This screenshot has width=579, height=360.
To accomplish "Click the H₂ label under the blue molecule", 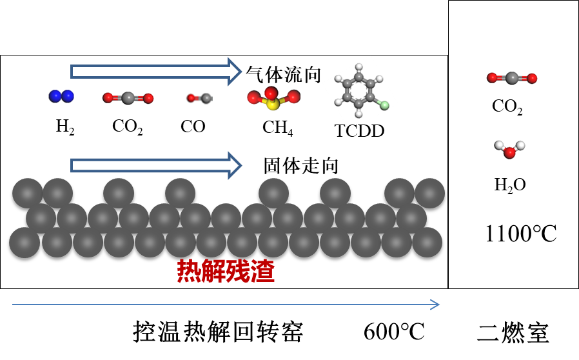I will pyautogui.click(x=66, y=126).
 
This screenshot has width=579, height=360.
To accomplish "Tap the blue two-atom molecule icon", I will pyautogui.click(x=61, y=97).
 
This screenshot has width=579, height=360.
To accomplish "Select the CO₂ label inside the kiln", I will pyautogui.click(x=128, y=126).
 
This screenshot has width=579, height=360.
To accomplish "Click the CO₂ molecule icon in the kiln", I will pyautogui.click(x=128, y=98).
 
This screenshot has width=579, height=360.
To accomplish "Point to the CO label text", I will pyautogui.click(x=193, y=126).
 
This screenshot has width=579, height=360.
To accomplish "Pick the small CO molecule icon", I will pyautogui.click(x=195, y=98).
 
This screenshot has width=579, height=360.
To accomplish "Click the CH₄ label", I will pyautogui.click(x=278, y=127).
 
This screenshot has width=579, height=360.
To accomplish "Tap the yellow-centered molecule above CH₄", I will pyautogui.click(x=273, y=99).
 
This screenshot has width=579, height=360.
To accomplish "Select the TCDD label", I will pyautogui.click(x=359, y=131).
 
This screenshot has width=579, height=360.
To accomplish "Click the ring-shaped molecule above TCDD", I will pyautogui.click(x=358, y=92).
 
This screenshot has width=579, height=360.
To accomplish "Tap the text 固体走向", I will pyautogui.click(x=301, y=165).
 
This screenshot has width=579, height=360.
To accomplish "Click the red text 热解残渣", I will pyautogui.click(x=226, y=272).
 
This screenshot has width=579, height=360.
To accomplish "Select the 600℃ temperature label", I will pyautogui.click(x=394, y=332).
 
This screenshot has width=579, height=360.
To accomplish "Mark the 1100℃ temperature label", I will pyautogui.click(x=520, y=234).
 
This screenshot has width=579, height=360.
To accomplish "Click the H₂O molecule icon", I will pyautogui.click(x=509, y=150).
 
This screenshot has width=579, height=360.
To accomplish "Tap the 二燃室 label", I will pyautogui.click(x=513, y=333).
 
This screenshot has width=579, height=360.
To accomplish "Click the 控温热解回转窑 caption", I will pyautogui.click(x=217, y=332).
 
